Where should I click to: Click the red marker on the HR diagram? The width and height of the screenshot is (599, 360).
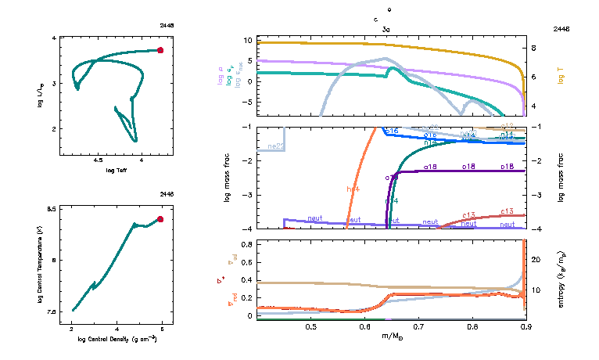(160, 50)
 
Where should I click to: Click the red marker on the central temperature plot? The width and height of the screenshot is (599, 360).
(160, 219)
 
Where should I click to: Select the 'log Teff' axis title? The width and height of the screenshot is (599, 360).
(117, 170)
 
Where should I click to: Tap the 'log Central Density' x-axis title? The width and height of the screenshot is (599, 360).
(117, 339)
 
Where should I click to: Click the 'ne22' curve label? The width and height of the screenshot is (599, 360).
(275, 146)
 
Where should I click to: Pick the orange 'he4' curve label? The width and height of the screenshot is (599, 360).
(353, 189)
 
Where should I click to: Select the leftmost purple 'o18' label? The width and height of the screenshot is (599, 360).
(430, 167)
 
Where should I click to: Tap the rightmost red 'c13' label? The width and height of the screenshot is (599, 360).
(507, 211)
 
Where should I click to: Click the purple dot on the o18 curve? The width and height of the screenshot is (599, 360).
(395, 177)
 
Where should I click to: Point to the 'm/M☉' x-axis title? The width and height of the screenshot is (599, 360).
(391, 337)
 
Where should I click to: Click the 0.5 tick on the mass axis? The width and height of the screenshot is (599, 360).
(311, 325)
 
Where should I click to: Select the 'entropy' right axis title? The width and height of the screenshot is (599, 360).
(561, 279)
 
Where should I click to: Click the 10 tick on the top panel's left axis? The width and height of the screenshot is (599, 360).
(248, 40)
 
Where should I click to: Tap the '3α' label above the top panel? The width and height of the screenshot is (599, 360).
(386, 28)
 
